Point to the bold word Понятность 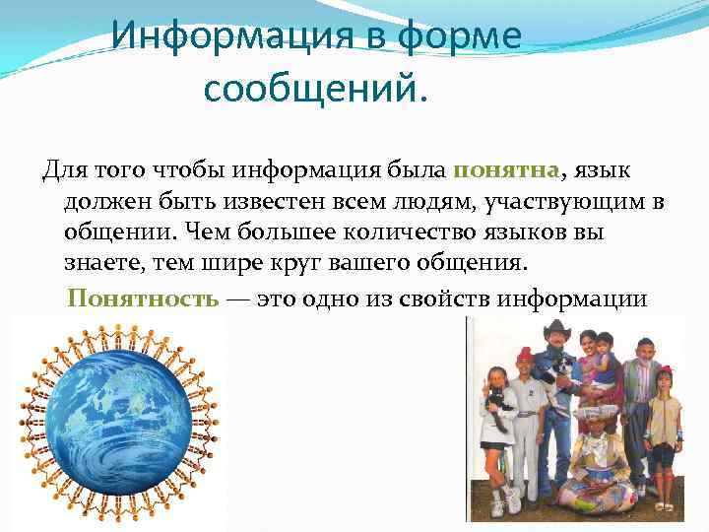pos(143,299)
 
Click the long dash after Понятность pos(237,299)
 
